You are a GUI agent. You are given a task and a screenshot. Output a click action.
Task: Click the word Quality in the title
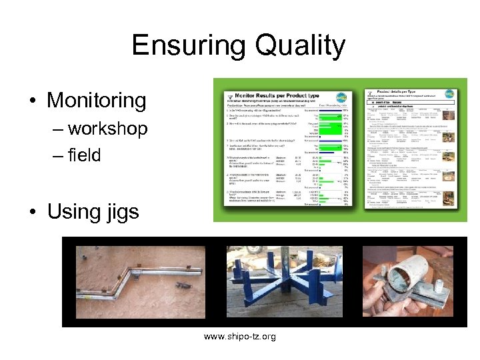pyautogui.click(x=294, y=45)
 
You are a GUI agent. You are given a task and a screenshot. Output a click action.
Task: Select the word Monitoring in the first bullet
pyautogui.click(x=96, y=101)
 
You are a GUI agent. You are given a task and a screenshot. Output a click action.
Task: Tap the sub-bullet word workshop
pyautogui.click(x=107, y=128)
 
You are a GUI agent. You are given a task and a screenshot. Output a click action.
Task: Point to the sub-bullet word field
pyautogui.click(x=84, y=155)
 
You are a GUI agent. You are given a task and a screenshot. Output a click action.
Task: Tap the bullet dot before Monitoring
pyautogui.click(x=32, y=101)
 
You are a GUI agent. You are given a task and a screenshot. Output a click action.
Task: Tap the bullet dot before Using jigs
pyautogui.click(x=32, y=212)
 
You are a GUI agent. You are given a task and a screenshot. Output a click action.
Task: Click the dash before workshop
pyautogui.click(x=57, y=129)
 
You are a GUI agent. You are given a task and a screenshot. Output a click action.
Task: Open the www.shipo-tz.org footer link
pyautogui.click(x=239, y=337)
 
